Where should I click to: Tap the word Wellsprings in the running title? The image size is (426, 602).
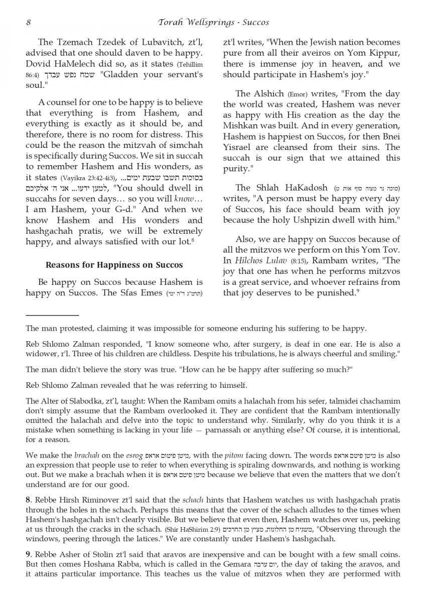(x=213, y=23)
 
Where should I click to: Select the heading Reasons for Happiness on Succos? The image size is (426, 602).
(x=114, y=265)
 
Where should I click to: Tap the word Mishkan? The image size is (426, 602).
(x=242, y=126)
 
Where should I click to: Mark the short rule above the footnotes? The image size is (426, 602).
(x=52, y=315)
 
